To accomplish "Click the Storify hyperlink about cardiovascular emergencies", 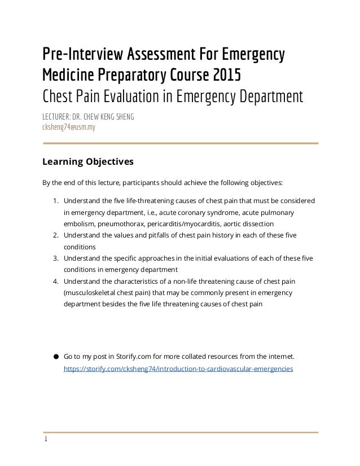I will coord(178,368).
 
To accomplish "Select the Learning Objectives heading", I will coord(88,162).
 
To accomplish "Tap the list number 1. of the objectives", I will coord(55,200).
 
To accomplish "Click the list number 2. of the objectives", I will coord(55,235).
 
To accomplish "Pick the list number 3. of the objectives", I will coord(55,258).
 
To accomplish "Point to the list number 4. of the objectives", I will coord(55,281).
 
